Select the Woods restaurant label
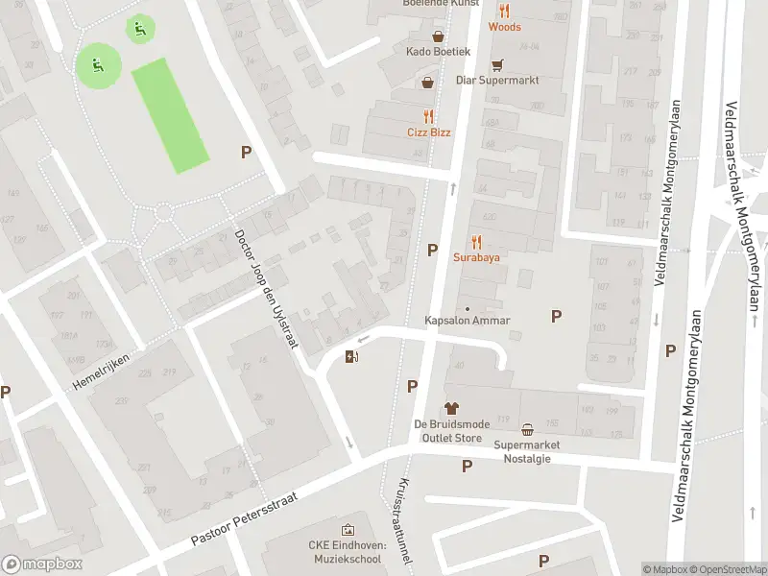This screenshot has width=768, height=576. coord(504,27)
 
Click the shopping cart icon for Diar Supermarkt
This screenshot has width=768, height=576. coord(496,65)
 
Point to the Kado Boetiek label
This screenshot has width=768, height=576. coord(438,50)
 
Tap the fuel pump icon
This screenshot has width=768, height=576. coord(352,358)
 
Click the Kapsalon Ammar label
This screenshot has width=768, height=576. coord(468,321)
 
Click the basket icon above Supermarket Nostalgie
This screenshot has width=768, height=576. coord(528,429)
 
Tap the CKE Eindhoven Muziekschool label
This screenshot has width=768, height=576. coord(347,551)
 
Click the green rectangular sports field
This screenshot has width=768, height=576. coord(170,116)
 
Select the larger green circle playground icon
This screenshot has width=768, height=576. coord(98,65)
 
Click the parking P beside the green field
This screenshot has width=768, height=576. coord(246,152)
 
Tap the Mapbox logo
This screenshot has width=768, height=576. coord(41,564)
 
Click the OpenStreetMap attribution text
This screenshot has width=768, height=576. coord(728,570)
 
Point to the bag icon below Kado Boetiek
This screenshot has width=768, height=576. coord(428,83)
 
